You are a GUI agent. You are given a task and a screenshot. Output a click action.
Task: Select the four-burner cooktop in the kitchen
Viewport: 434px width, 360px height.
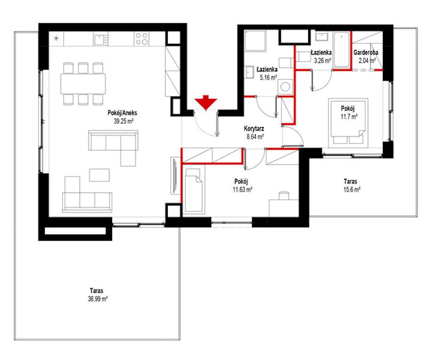pyautogui.click(x=142, y=39)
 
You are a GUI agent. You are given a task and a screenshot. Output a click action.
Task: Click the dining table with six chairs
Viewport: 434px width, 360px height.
pyautogui.click(x=83, y=84)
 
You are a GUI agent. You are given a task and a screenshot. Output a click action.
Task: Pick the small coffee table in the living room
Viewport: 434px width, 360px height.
pyautogui.click(x=99, y=175)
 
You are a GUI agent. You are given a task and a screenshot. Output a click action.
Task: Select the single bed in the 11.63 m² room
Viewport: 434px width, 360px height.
pyautogui.click(x=194, y=190)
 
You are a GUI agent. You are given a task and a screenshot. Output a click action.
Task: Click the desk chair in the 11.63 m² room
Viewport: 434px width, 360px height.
pyautogui.click(x=284, y=195)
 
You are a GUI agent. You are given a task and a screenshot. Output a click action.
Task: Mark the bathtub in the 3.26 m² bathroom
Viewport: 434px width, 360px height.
pyautogui.click(x=341, y=50)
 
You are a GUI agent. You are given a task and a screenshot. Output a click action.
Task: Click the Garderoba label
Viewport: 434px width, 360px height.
pyautogui.click(x=366, y=53)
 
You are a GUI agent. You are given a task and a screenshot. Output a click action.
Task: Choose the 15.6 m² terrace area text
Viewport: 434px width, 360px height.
pyautogui.click(x=352, y=190)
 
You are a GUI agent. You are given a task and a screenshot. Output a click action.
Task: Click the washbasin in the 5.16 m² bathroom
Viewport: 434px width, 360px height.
pyautogui.click(x=249, y=72)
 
